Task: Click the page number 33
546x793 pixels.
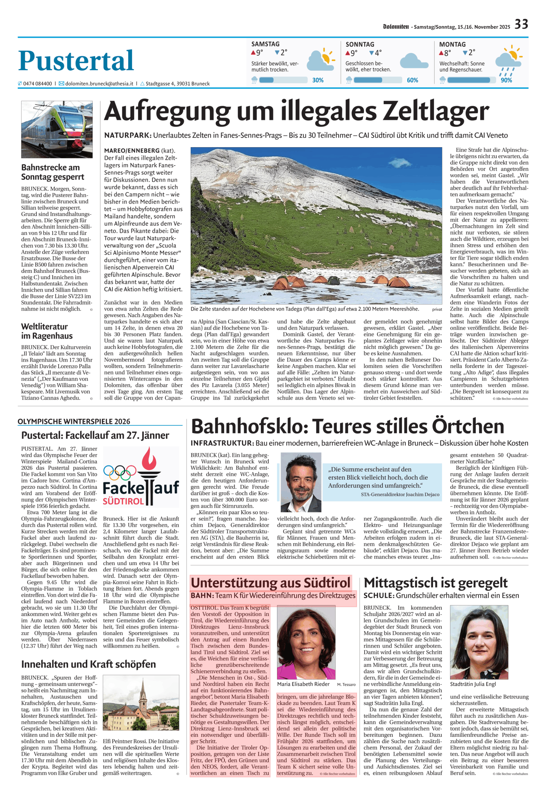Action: point(521,24)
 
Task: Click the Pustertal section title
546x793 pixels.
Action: point(76,61)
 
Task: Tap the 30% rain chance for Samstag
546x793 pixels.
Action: point(318,80)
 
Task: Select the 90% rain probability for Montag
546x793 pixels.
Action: point(506,80)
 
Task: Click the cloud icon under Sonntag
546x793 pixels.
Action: point(414,61)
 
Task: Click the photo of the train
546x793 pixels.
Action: point(57,129)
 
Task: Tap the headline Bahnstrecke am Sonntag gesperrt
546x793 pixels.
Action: point(52,172)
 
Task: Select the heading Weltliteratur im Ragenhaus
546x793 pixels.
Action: point(46,331)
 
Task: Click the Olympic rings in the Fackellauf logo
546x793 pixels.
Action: point(119,472)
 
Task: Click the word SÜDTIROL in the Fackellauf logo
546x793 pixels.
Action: point(123,501)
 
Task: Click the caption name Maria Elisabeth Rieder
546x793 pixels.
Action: point(303,684)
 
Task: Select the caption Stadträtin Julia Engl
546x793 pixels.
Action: point(472,684)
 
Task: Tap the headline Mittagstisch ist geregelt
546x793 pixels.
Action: point(435,583)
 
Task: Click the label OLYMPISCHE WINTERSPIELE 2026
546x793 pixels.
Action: point(74,422)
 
